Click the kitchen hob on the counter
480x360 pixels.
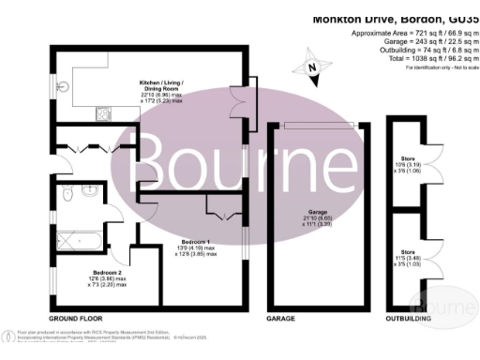tap(99, 114)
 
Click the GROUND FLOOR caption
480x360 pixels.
tap(77, 319)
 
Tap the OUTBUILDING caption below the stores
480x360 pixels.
tap(410, 319)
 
